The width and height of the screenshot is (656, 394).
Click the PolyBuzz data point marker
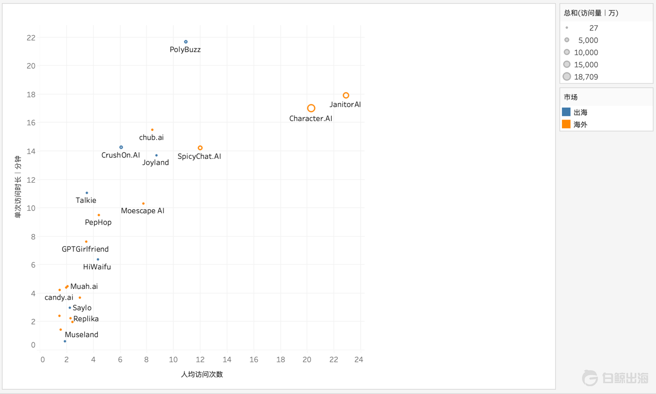coord(186,42)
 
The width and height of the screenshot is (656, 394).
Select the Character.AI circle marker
coord(311,108)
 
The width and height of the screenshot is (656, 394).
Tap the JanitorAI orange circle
coord(346,95)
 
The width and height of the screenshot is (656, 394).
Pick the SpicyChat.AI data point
coord(200,148)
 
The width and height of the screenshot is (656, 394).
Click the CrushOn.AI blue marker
coord(122,148)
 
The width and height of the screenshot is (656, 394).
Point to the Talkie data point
coord(87,193)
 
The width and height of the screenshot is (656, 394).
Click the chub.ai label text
coord(151,138)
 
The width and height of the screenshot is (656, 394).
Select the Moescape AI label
coord(142,211)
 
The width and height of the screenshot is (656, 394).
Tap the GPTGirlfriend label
coord(85,249)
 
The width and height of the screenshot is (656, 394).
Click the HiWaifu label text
coord(97,267)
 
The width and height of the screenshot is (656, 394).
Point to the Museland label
coord(81,335)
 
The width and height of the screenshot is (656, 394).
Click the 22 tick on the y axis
coord(31,37)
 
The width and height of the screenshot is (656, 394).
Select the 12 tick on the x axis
coord(200,360)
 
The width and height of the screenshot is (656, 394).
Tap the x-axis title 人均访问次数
coord(202,374)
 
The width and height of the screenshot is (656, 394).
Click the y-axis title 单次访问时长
coord(18,186)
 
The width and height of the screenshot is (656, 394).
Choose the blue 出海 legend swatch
coord(566,112)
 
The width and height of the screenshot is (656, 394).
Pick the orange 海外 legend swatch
coord(566,124)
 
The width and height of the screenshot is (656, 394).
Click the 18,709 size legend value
coord(586,77)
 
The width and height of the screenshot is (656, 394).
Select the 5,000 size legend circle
coord(567,40)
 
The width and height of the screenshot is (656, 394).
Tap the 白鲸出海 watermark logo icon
coord(590,378)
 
